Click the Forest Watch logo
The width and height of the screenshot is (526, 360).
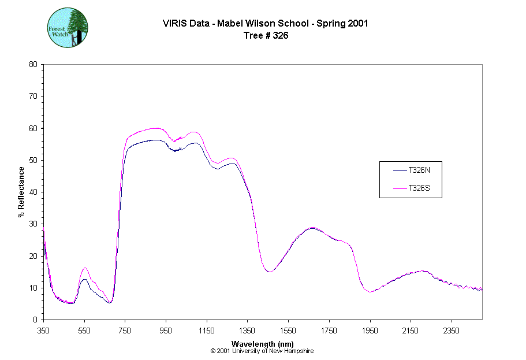(68, 27)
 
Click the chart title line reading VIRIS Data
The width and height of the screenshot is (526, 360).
(266, 24)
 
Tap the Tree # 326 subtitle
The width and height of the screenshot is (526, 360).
(266, 35)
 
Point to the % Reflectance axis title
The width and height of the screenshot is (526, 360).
(21, 192)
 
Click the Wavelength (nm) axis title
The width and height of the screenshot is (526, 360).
(262, 344)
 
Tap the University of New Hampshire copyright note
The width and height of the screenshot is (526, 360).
(262, 351)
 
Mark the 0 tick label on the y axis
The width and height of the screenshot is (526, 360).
(35, 320)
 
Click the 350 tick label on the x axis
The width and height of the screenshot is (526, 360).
(44, 331)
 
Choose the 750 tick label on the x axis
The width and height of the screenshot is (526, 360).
(125, 331)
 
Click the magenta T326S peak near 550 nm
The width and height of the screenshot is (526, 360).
(85, 268)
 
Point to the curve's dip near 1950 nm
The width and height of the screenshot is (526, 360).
(370, 292)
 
